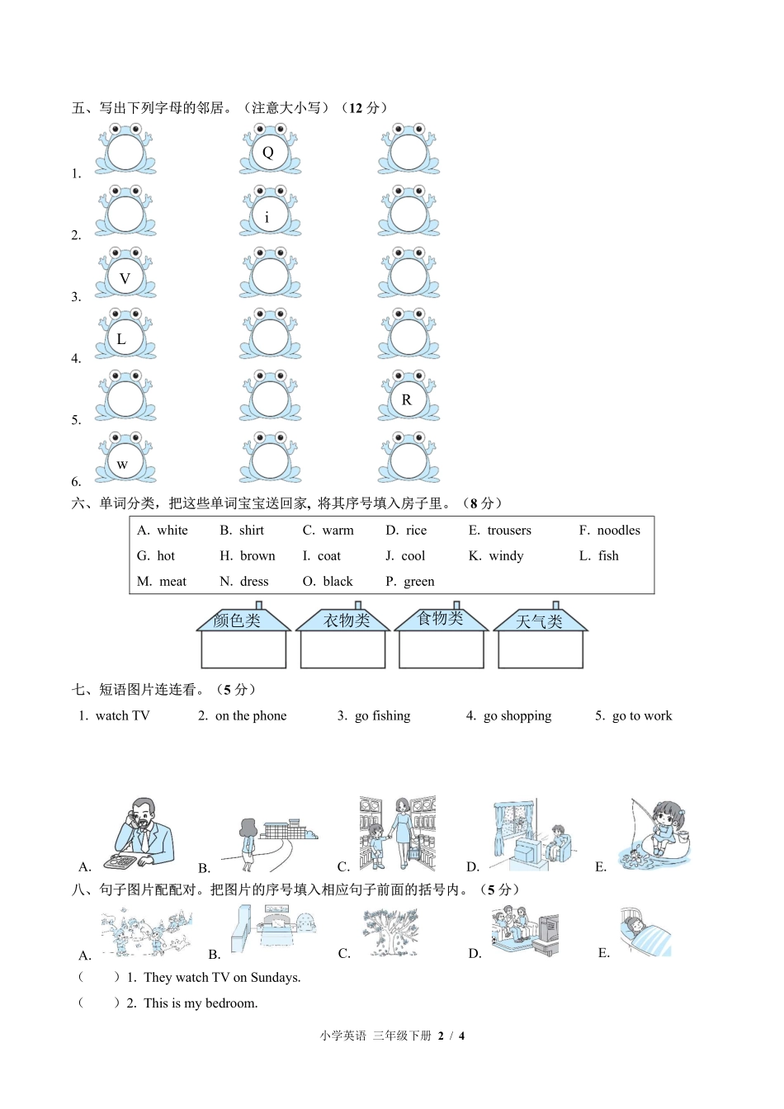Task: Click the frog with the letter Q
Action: click(270, 150)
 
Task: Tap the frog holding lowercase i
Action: click(270, 212)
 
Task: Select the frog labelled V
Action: click(125, 274)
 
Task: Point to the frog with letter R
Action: click(409, 397)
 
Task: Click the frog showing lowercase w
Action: click(125, 459)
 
